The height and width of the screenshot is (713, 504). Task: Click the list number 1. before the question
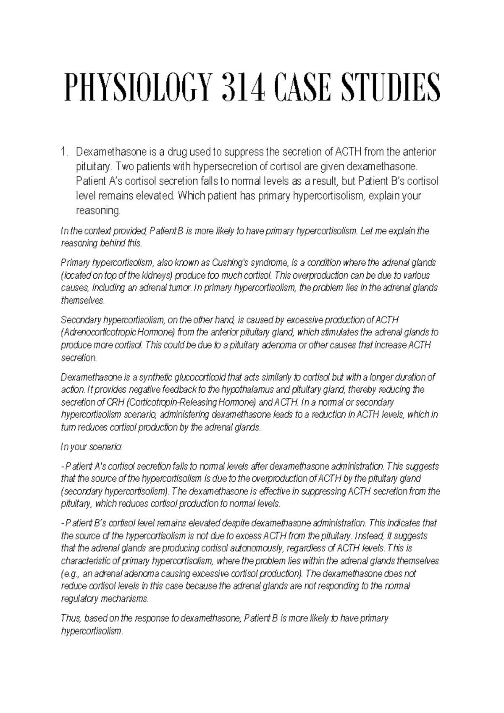tap(64, 152)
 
